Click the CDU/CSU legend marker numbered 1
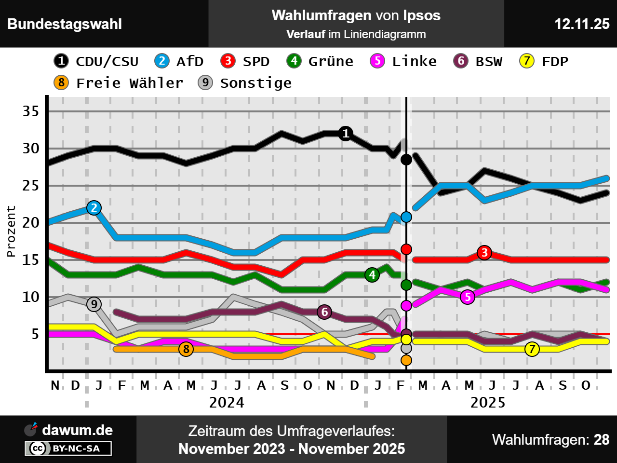click(61, 61)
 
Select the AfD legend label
click(189, 61)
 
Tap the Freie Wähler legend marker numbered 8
click(61, 83)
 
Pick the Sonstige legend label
click(255, 83)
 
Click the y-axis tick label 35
click(31, 111)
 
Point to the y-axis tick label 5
click(35, 334)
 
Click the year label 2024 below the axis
click(227, 402)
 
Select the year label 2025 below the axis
click(488, 402)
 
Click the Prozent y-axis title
click(11, 231)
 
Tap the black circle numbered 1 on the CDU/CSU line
click(345, 134)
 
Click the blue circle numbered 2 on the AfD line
click(94, 208)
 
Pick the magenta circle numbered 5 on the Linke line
click(467, 297)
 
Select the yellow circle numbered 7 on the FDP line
click(532, 349)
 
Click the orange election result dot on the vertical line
click(406, 360)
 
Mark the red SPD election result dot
click(406, 249)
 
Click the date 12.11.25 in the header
click(582, 24)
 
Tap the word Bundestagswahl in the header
click(65, 24)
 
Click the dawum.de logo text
click(77, 430)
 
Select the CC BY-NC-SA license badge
click(68, 449)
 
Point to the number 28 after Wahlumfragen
click(602, 440)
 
